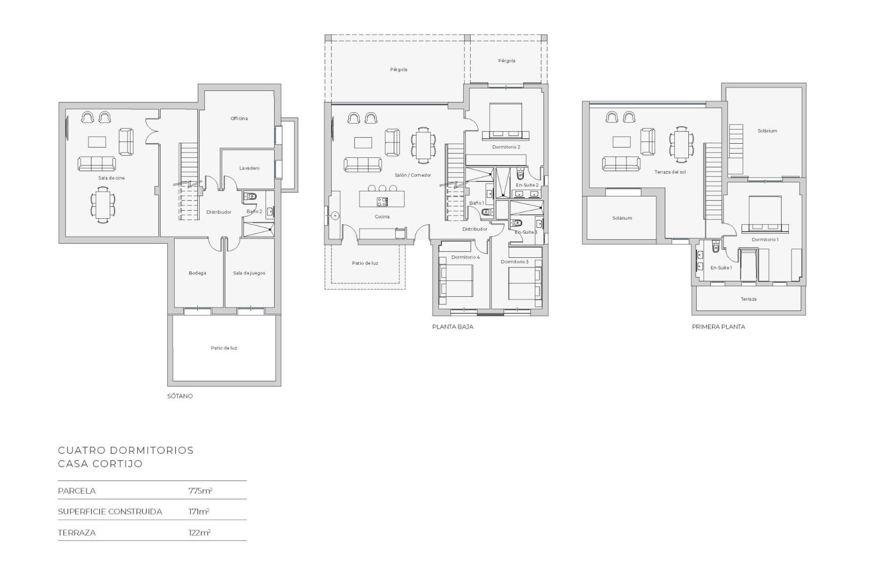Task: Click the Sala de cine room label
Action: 111,178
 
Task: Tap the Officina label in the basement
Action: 239,119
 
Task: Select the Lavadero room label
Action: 249,168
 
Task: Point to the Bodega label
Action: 197,273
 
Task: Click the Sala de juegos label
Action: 249,273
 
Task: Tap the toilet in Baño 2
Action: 250,196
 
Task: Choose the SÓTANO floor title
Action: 180,396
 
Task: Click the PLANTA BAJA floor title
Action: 453,326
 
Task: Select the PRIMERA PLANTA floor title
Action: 718,326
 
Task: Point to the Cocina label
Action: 382,217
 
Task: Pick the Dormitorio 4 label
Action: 466,257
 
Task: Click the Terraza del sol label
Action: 670,172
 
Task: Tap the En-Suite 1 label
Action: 721,268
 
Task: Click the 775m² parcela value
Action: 201,491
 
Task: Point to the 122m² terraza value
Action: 200,532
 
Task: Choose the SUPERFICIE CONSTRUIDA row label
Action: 110,512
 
